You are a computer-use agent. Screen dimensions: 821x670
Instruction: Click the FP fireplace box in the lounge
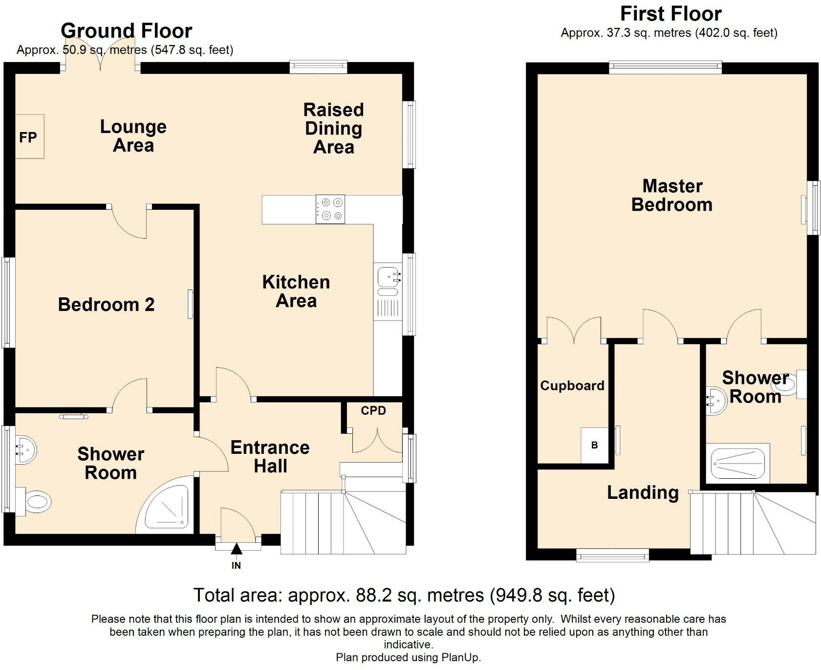(30, 136)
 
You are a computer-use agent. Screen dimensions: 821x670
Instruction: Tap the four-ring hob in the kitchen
(330, 209)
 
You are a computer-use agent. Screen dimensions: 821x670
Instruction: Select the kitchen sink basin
(389, 277)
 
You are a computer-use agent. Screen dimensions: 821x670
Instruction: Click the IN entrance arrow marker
(237, 550)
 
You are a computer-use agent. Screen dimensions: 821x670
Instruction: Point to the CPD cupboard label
(374, 411)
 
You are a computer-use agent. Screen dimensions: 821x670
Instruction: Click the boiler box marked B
(595, 446)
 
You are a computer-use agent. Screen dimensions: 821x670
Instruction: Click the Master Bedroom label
(672, 195)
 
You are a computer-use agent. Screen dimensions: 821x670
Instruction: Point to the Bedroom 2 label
(107, 305)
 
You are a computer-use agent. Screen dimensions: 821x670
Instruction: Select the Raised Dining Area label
(334, 128)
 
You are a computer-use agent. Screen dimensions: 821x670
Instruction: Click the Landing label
(643, 493)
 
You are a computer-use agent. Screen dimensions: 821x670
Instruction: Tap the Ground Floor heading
(127, 31)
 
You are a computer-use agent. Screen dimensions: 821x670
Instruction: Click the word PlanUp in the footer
(459, 658)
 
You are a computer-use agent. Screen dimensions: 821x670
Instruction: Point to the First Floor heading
(671, 14)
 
